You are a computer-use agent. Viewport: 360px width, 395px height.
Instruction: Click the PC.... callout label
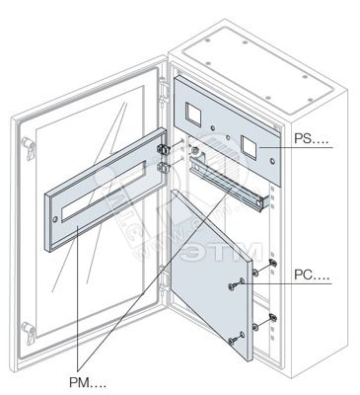coord(312,275)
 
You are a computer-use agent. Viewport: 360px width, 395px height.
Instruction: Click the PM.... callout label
coord(88,382)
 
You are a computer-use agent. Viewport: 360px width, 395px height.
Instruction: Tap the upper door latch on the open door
coord(29,148)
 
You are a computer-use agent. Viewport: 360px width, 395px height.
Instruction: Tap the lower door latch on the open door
coord(28,333)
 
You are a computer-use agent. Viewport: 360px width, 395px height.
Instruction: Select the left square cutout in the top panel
coord(193,115)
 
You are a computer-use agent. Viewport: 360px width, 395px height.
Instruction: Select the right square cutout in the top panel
coord(249,146)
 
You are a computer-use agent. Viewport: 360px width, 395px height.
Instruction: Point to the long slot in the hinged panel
coord(103,192)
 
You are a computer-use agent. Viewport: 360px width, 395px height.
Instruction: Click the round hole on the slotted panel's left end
coord(55,219)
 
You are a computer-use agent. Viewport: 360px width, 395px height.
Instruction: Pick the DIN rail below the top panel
coord(229,183)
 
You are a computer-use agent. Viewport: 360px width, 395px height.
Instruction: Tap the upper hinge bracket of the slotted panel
coord(162,149)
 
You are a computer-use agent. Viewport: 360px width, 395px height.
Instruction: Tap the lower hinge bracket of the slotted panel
coord(162,167)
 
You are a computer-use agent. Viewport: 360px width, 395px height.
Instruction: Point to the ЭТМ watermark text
coord(222,252)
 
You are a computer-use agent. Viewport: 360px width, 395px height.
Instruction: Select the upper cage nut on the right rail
coord(272,263)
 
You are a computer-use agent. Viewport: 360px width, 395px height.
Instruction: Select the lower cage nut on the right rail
coord(272,317)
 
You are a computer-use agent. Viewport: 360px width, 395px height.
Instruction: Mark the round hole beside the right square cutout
coord(272,161)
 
